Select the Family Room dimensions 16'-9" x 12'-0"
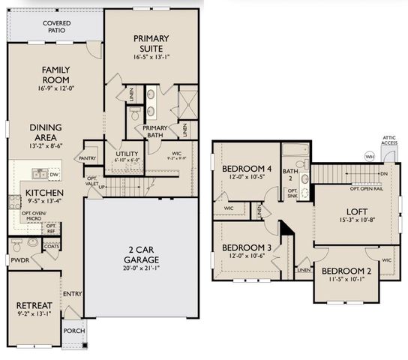55,88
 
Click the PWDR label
19,262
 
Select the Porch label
73,331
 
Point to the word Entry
73,294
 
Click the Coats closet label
51,245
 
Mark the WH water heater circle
369,156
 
